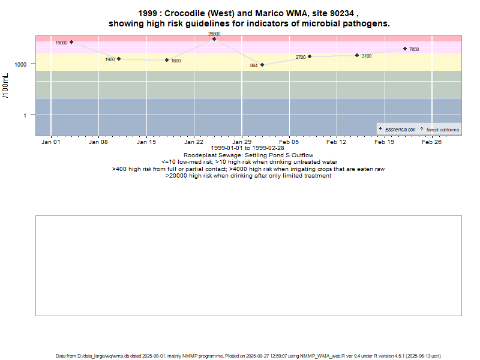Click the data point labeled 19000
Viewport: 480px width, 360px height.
pos(71,42)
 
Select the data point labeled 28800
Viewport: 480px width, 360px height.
pos(214,39)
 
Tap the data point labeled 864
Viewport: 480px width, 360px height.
pos(262,65)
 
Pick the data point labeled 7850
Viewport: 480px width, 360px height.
pos(405,49)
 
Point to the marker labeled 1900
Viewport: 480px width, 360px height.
pos(119,59)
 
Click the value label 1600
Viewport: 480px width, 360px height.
pos(176,61)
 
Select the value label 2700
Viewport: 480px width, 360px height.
pos(301,57)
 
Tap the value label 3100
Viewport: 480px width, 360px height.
pos(367,56)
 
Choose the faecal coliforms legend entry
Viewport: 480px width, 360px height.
pos(442,130)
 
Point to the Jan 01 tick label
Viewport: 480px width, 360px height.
pos(51,142)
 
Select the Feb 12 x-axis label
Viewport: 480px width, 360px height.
pos(337,142)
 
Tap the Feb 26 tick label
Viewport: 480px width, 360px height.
pos(431,142)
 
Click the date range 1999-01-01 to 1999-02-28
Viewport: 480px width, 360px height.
pos(248,148)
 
